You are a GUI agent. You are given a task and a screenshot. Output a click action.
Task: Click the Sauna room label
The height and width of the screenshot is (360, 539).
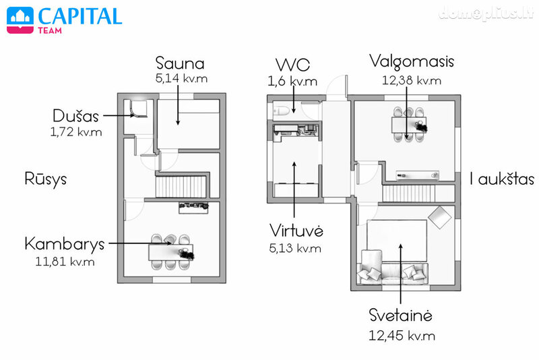tap(180, 63)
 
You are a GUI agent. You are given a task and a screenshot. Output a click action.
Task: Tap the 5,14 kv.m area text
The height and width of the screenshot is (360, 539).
tap(181, 78)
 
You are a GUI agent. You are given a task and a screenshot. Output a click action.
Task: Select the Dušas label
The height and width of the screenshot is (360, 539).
tap(75, 116)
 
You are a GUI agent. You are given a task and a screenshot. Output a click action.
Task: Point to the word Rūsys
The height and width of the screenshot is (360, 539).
tap(45, 179)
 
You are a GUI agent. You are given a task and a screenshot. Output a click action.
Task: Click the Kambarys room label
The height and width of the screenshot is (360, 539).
tap(64, 245)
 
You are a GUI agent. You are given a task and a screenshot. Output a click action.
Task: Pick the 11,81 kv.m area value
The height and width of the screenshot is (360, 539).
tap(65, 262)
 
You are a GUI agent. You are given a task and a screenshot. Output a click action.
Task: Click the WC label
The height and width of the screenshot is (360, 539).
tap(292, 64)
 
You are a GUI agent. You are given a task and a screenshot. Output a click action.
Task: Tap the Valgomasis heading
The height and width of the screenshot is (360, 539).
tap(412, 62)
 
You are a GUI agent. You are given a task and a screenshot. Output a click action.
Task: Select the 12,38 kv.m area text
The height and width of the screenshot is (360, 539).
tap(412, 80)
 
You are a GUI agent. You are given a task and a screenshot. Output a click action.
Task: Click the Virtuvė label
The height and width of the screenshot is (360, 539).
tap(296, 231)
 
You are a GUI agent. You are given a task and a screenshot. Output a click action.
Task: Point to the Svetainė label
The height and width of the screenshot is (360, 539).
tap(400, 316)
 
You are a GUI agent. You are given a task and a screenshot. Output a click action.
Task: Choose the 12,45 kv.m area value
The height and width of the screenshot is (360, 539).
tap(402, 336)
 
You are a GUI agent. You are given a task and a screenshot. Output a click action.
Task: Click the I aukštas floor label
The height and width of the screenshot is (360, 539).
tap(502, 179)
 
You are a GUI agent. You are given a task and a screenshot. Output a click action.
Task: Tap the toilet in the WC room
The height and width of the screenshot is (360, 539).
tap(281, 111)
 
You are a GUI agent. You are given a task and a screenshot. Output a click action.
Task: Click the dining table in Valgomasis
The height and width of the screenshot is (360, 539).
tap(409, 124)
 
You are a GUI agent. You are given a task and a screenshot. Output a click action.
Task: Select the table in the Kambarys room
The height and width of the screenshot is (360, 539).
tap(170, 252)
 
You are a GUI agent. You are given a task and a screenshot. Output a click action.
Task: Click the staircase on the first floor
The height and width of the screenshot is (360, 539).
tap(409, 193)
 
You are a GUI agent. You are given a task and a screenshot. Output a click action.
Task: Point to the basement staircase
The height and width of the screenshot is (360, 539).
tap(181, 187)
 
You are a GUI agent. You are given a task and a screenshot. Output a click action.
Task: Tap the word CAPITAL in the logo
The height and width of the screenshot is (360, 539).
tap(80, 16)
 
